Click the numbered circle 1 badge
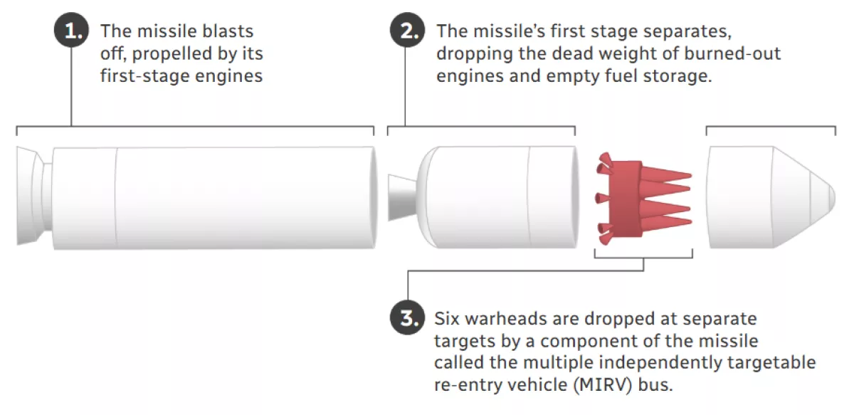coord(71,30)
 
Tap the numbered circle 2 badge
coord(407,30)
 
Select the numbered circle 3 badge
coord(407,317)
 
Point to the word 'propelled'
coord(172,54)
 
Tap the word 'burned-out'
coord(732,53)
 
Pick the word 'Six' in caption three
coord(447,318)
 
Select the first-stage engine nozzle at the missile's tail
coord(33,196)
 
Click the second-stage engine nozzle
coord(403,198)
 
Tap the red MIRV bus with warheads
coord(643,199)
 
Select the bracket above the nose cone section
coord(771,127)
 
